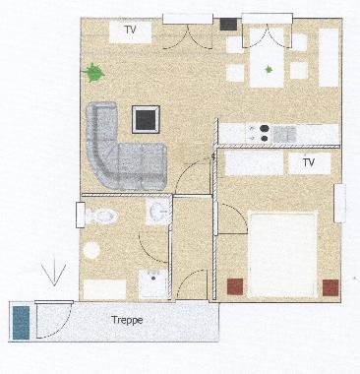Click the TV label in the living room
[x=129, y=31]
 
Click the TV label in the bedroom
[x=308, y=161]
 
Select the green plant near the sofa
[x=94, y=72]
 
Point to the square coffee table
[x=147, y=119]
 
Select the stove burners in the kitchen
[x=263, y=132]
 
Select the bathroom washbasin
[x=158, y=211]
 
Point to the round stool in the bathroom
[x=92, y=250]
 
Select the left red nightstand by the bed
[x=236, y=286]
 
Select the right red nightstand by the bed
[x=331, y=286]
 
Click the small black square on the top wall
[x=227, y=23]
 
